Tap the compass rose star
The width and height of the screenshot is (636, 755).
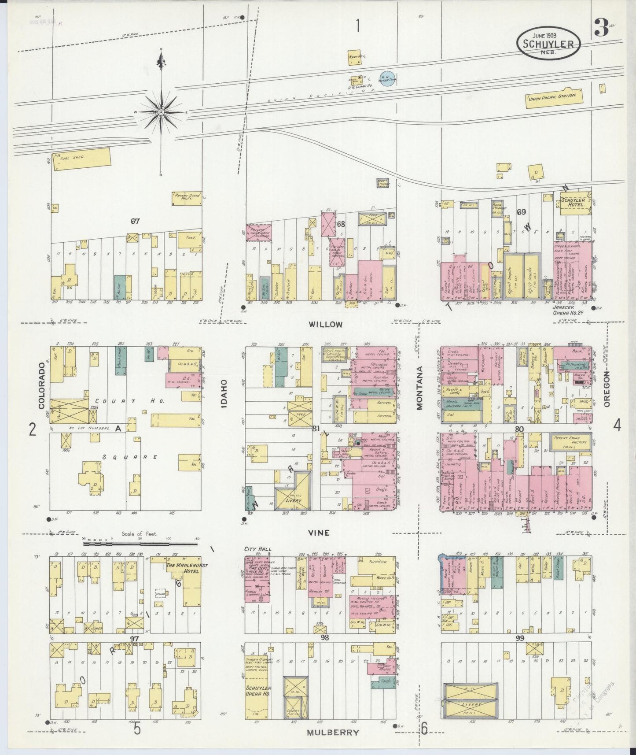click(x=162, y=112)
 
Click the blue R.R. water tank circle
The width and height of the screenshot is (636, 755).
click(x=386, y=79)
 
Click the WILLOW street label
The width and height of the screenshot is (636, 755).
click(x=325, y=325)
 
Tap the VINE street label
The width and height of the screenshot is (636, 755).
click(x=320, y=533)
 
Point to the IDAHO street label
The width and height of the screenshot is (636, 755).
click(x=224, y=393)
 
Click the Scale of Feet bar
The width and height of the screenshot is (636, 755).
click(x=140, y=544)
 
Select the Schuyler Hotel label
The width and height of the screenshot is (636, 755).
click(x=573, y=203)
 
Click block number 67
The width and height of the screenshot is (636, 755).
click(x=135, y=222)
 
